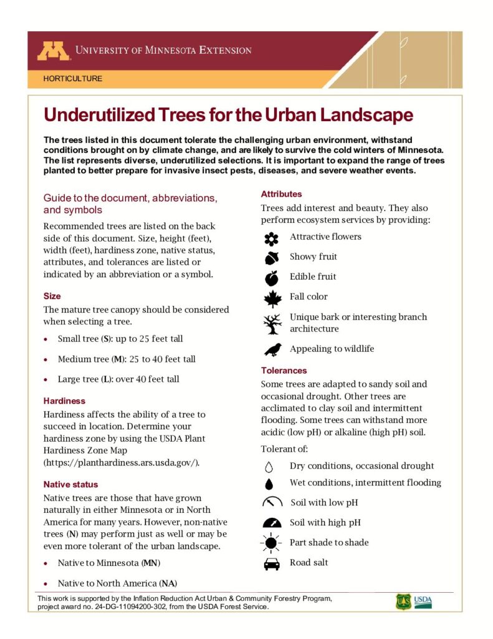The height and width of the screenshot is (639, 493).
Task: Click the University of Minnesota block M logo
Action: [x=54, y=51]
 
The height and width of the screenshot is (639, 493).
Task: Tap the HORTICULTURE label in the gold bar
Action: [x=73, y=79]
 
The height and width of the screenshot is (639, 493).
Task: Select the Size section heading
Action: [x=52, y=296]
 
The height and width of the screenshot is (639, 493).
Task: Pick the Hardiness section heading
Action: [x=64, y=401]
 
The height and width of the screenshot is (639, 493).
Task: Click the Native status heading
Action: [x=70, y=484]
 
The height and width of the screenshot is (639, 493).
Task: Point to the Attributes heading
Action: [x=281, y=194]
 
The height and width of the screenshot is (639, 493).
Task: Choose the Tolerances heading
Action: [x=284, y=370]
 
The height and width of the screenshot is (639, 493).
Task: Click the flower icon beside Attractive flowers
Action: [x=271, y=238]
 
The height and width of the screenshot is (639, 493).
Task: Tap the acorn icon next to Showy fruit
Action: [x=271, y=258]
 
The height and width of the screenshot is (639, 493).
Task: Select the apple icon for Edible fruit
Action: [x=271, y=278]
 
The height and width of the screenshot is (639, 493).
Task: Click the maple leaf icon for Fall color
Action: [x=272, y=298]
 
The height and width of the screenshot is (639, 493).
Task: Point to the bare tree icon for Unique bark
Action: [x=272, y=323]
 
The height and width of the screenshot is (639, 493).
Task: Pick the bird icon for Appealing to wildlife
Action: [x=272, y=349]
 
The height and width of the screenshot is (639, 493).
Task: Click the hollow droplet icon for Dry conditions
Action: [x=269, y=466]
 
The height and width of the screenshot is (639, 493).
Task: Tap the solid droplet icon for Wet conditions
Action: [x=269, y=483]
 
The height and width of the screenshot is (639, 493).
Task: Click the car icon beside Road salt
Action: [x=271, y=563]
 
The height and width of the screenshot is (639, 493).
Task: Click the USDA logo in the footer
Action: [x=423, y=602]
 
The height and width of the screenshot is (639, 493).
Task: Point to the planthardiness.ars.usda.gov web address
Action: [x=121, y=462]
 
